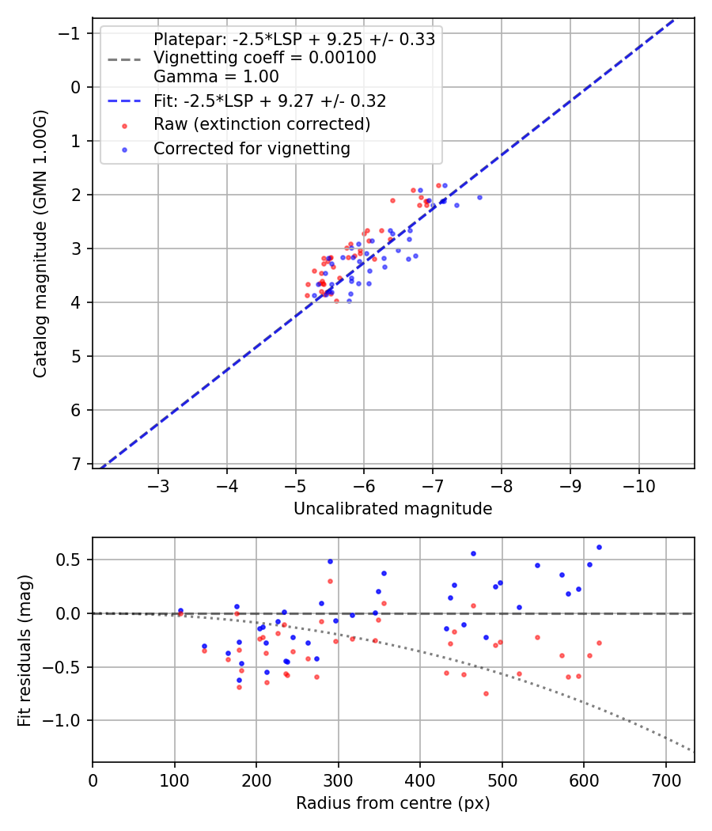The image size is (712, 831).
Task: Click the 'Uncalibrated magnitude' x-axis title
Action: (392, 509)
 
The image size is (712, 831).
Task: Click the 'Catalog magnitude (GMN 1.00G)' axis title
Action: (40, 244)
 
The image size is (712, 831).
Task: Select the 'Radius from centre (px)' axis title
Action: (392, 803)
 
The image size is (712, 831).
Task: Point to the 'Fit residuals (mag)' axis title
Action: (25, 649)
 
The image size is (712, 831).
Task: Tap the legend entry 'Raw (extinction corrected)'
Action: (262, 124)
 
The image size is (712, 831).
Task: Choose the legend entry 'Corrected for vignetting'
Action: (252, 148)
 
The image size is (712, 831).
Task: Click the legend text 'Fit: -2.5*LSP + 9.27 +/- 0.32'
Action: (270, 101)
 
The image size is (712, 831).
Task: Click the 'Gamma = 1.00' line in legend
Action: (216, 77)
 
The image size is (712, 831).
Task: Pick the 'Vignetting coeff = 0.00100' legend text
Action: (265, 58)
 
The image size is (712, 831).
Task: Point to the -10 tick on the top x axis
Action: (638, 484)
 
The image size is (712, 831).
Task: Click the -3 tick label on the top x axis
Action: (158, 484)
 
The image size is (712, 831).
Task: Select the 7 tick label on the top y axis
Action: (76, 464)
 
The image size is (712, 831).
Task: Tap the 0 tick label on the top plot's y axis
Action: (76, 87)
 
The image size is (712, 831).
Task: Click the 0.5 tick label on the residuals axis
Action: (72, 560)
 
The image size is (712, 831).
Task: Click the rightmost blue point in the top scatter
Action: (479, 197)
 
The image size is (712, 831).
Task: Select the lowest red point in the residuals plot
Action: (486, 693)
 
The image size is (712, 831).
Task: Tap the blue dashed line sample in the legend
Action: (124, 101)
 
